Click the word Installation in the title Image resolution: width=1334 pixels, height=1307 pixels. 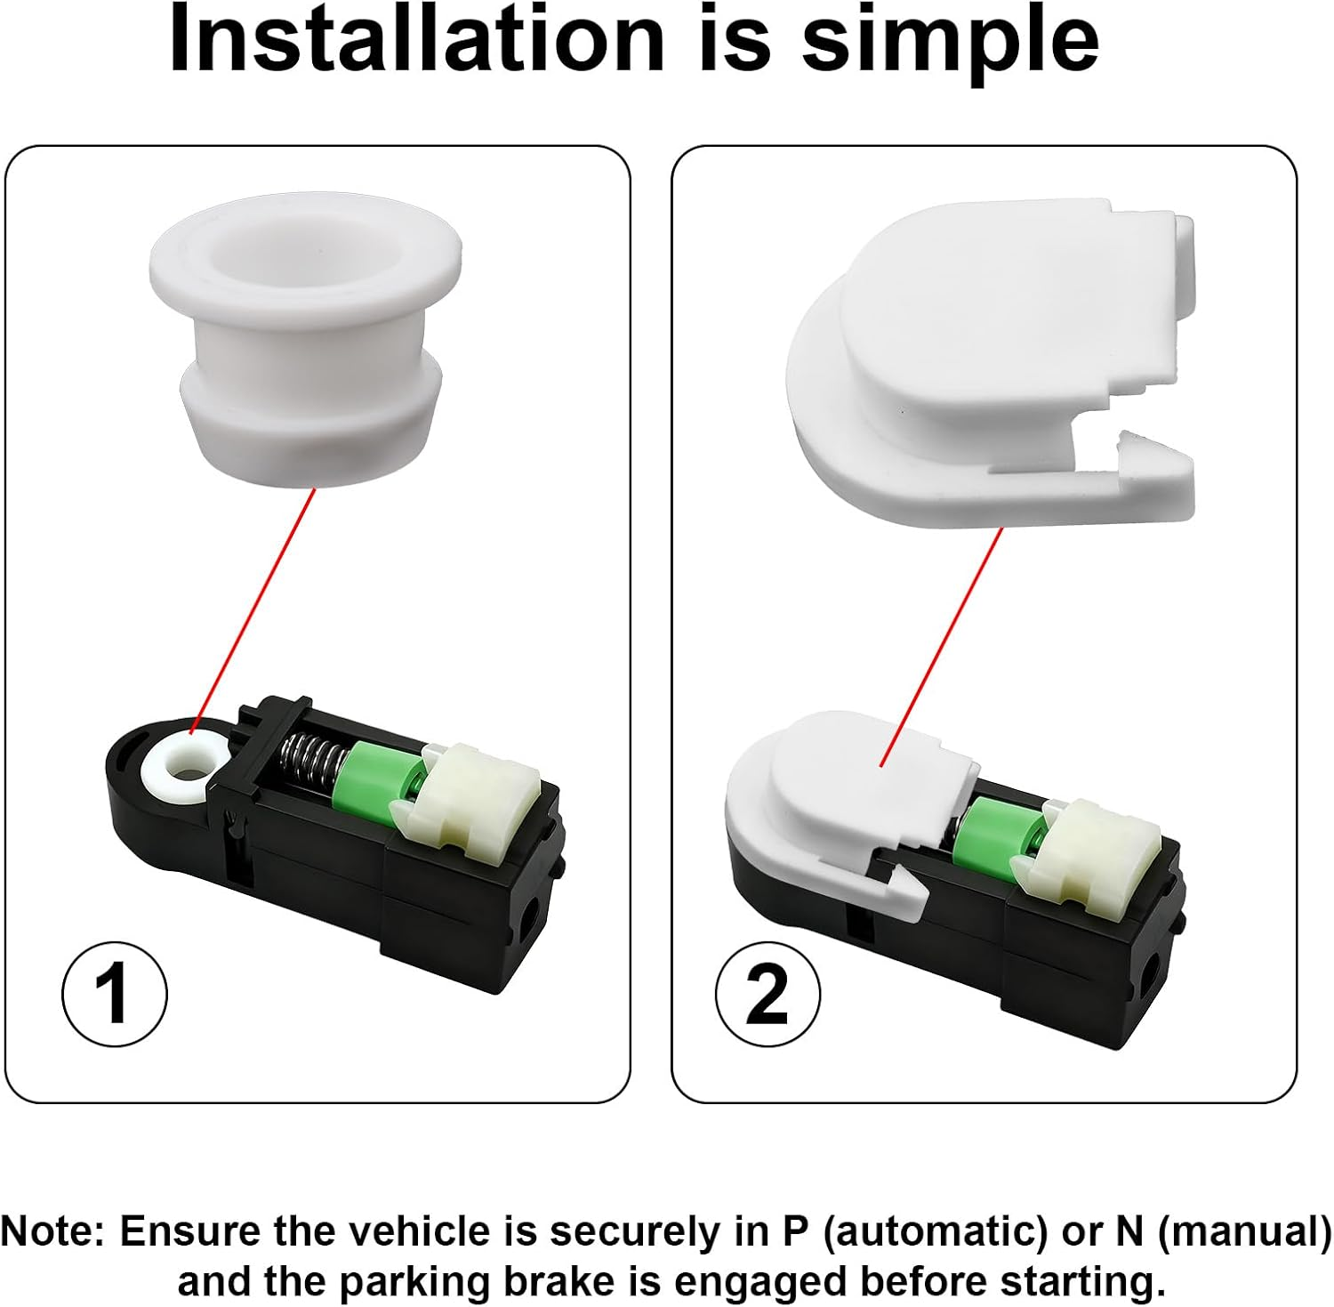[x=417, y=39]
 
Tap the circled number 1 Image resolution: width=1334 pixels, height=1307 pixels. [x=114, y=995]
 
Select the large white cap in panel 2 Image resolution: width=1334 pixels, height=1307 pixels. [x=990, y=365]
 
